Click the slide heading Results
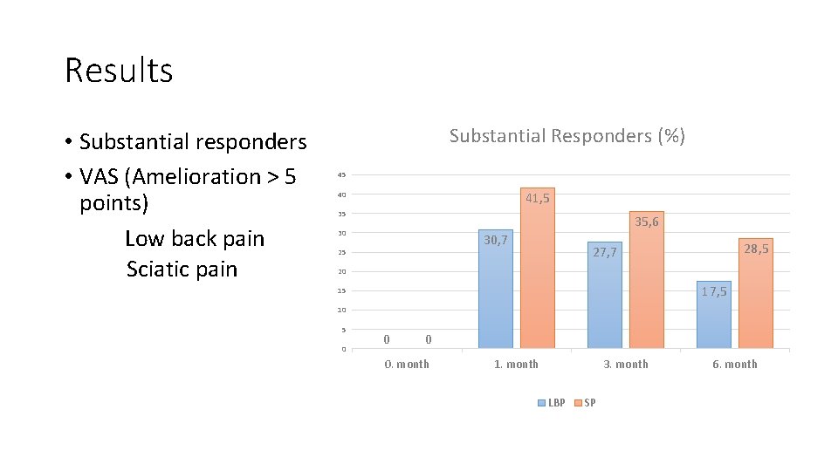tap(119, 71)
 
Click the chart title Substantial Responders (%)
tap(567, 136)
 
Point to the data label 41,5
tap(538, 199)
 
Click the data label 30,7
tap(496, 240)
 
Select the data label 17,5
tap(713, 291)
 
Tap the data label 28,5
tap(756, 249)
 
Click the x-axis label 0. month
tap(407, 365)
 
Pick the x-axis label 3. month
tap(626, 365)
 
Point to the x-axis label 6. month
tap(735, 365)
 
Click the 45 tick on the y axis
tap(343, 175)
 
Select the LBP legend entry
tap(552, 403)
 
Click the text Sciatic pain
tap(182, 269)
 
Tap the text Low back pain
tap(194, 239)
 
